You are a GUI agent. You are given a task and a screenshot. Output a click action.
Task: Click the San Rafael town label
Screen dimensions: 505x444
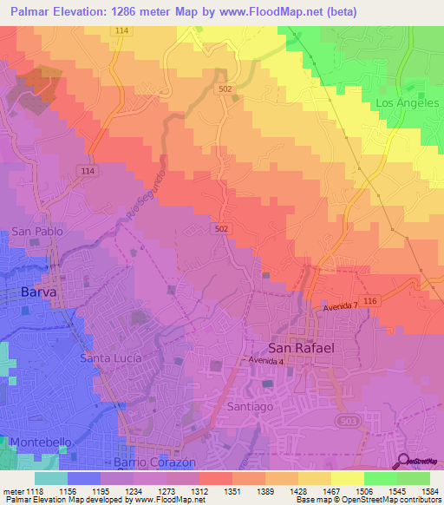tap(301, 345)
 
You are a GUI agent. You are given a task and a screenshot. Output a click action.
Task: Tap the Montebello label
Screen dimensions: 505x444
tap(41, 443)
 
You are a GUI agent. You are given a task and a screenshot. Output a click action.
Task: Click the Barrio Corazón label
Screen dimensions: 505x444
tap(155, 462)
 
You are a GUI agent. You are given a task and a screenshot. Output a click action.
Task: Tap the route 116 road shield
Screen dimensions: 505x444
tap(372, 298)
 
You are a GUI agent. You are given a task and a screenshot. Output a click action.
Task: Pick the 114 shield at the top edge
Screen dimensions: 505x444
tap(120, 30)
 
